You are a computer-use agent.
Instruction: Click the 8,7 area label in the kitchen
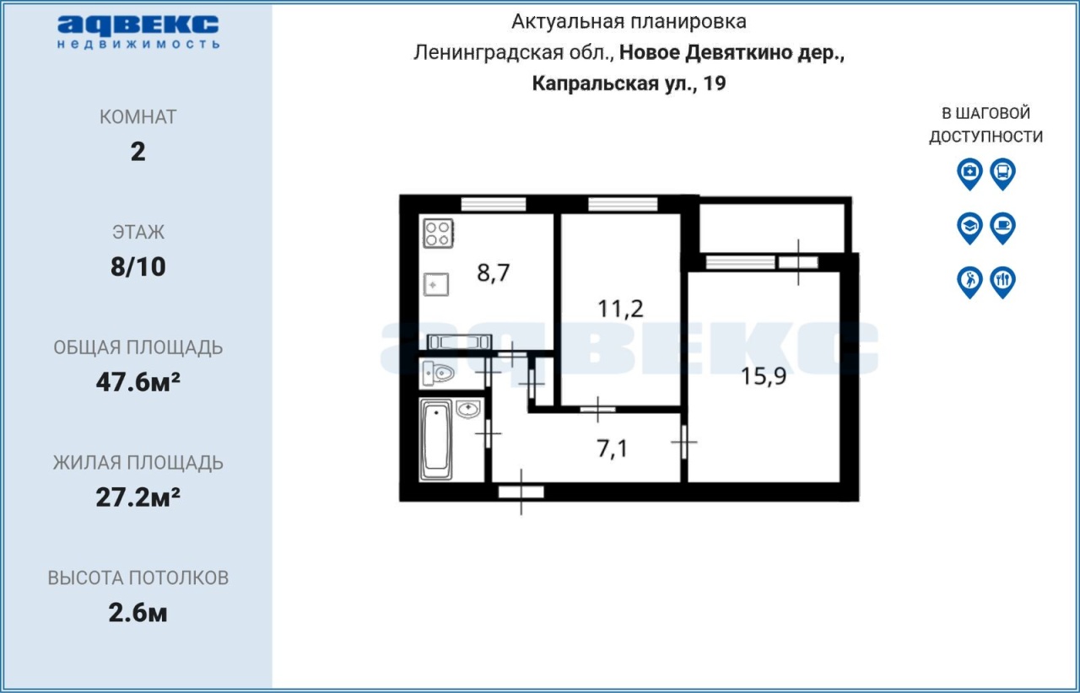pyautogui.click(x=494, y=273)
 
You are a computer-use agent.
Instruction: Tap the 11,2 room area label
pyautogui.click(x=620, y=309)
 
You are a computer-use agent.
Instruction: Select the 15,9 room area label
pyautogui.click(x=764, y=376)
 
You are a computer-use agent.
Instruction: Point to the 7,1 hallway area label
pyautogui.click(x=613, y=449)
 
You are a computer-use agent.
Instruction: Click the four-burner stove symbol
pyautogui.click(x=438, y=234)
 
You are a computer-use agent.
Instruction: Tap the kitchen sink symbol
pyautogui.click(x=436, y=284)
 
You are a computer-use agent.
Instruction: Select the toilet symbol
pyautogui.click(x=438, y=373)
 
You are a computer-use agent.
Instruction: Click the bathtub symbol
pyautogui.click(x=436, y=439)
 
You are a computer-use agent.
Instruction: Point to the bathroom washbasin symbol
pyautogui.click(x=468, y=409)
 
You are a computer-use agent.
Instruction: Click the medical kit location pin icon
pyautogui.click(x=969, y=174)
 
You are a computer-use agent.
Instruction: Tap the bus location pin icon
pyautogui.click(x=1003, y=174)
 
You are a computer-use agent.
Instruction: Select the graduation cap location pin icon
pyautogui.click(x=969, y=228)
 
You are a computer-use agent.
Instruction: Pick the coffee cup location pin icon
pyautogui.click(x=1003, y=228)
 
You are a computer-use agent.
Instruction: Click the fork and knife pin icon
pyautogui.click(x=1003, y=282)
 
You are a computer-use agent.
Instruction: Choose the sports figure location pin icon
pyautogui.click(x=969, y=282)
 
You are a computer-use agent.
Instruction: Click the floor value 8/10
pyautogui.click(x=138, y=266)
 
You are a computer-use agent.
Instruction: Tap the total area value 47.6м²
pyautogui.click(x=138, y=382)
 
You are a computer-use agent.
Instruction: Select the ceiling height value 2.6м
pyautogui.click(x=138, y=613)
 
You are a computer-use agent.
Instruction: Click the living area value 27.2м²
pyautogui.click(x=138, y=497)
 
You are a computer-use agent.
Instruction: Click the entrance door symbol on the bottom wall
pyautogui.click(x=521, y=492)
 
